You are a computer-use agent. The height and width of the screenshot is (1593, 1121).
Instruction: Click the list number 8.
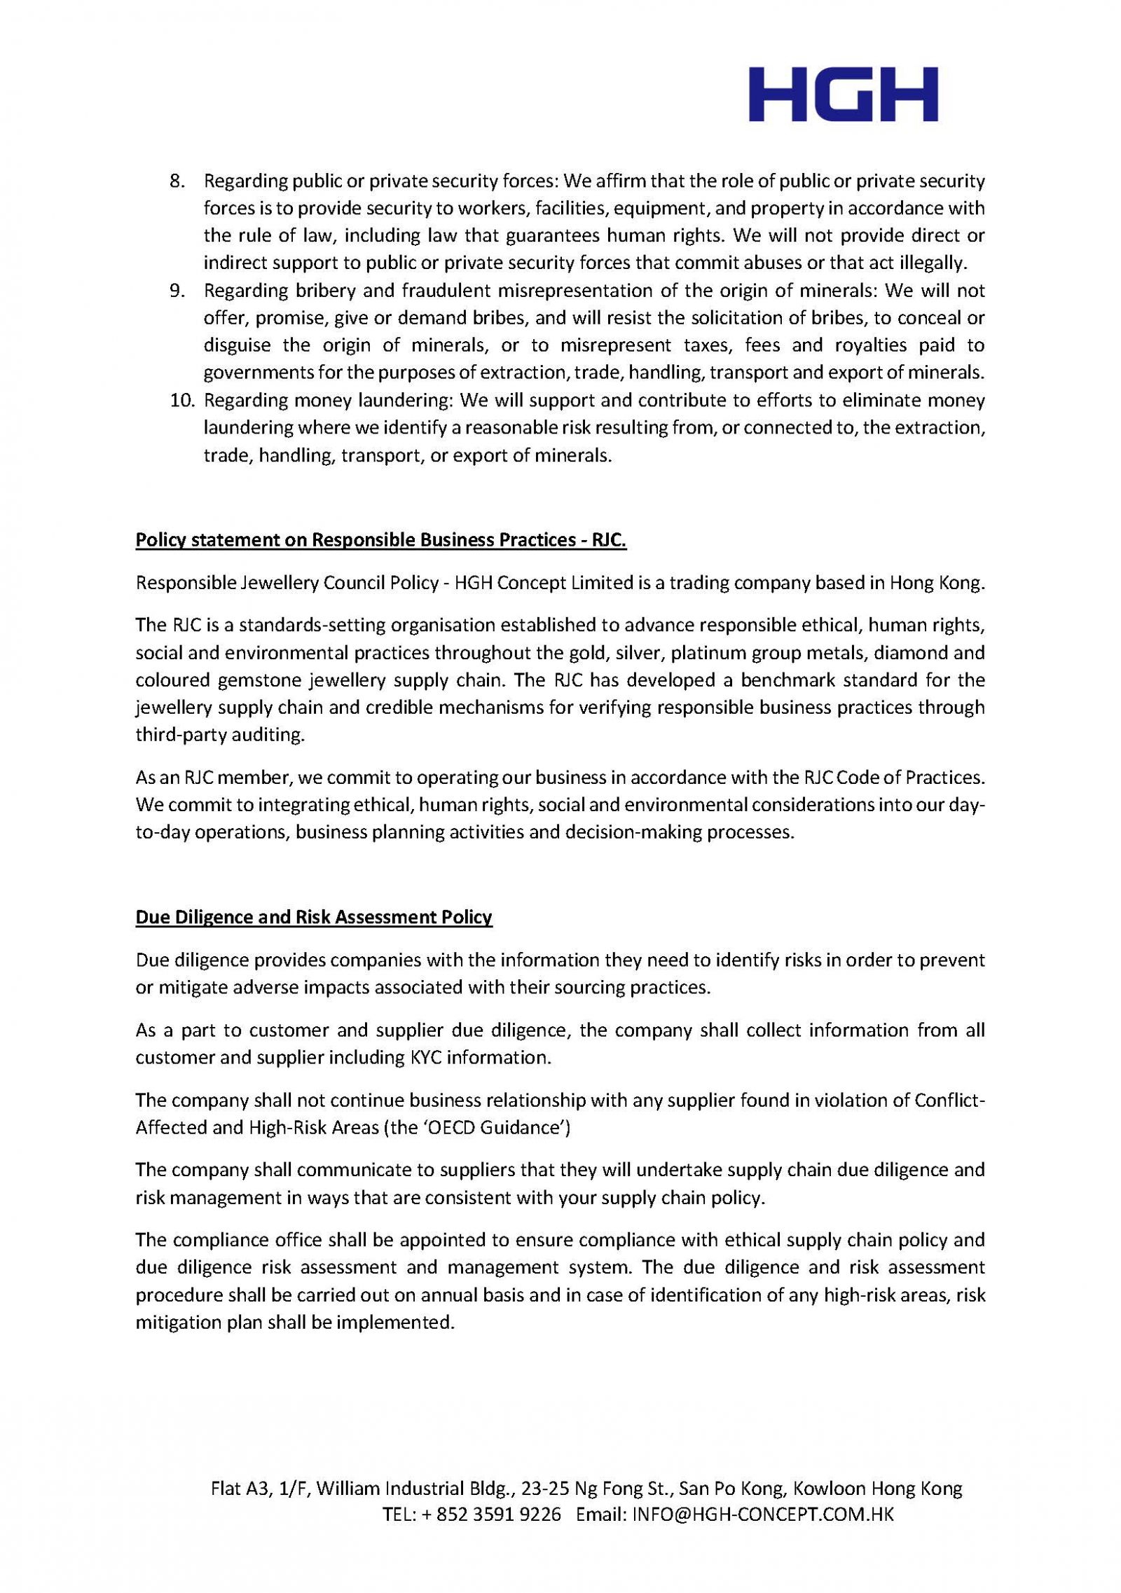(177, 181)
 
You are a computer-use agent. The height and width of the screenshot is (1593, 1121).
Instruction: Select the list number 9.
(177, 290)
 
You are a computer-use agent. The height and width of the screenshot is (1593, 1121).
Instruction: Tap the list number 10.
(181, 400)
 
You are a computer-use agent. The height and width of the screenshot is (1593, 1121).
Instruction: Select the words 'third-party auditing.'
(221, 736)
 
